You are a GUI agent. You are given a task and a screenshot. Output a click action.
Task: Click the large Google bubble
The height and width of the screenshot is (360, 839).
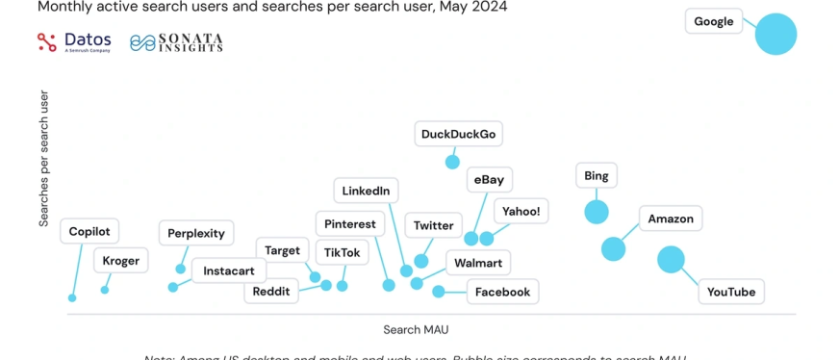pyautogui.click(x=775, y=34)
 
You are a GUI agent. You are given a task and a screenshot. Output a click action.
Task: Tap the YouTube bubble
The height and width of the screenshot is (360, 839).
pyautogui.click(x=671, y=259)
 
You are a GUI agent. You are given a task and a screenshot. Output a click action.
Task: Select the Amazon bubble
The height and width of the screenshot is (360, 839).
pyautogui.click(x=613, y=249)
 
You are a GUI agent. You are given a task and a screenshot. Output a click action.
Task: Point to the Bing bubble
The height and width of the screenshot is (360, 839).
pyautogui.click(x=597, y=212)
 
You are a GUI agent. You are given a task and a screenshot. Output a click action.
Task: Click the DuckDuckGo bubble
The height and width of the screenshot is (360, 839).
pyautogui.click(x=452, y=162)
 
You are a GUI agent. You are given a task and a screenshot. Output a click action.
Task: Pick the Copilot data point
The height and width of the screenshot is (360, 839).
pyautogui.click(x=72, y=297)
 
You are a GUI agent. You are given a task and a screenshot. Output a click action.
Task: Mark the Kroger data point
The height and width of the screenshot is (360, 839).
pyautogui.click(x=105, y=290)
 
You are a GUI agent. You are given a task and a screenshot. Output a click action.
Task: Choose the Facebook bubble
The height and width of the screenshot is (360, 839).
pyautogui.click(x=439, y=292)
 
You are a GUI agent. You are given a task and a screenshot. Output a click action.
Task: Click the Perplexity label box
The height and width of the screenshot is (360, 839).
pyautogui.click(x=196, y=233)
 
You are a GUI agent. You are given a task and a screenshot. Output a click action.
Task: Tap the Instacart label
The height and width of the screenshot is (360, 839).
pyautogui.click(x=229, y=271)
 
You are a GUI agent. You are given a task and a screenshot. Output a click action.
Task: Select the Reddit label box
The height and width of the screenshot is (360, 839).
pyautogui.click(x=271, y=292)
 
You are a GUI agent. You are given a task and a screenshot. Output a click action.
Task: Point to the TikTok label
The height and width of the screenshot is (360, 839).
pyautogui.click(x=343, y=252)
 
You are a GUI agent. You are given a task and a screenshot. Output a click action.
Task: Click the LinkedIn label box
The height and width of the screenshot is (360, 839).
pyautogui.click(x=367, y=191)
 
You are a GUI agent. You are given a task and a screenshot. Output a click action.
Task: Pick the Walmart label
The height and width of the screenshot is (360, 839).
pyautogui.click(x=478, y=262)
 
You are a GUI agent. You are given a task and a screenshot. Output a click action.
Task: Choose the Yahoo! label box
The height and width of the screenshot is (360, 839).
pyautogui.click(x=521, y=211)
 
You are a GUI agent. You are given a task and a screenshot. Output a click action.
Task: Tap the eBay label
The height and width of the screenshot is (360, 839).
pyautogui.click(x=490, y=180)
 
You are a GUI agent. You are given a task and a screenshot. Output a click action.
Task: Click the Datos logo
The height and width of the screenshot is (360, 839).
pyautogui.click(x=74, y=42)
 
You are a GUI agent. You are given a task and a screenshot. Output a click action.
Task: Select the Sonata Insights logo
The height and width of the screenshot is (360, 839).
pyautogui.click(x=176, y=42)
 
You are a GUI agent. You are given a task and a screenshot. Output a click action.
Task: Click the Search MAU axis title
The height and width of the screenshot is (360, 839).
pyautogui.click(x=416, y=329)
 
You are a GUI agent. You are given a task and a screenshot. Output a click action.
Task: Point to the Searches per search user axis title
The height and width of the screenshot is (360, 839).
pyautogui.click(x=44, y=159)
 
